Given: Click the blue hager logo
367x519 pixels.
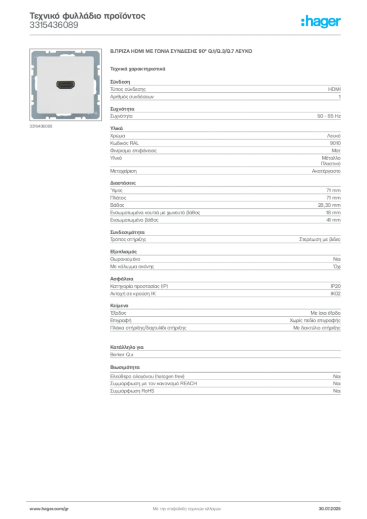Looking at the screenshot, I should coord(321,22).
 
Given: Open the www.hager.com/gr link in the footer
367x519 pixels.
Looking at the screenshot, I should coord(56,508).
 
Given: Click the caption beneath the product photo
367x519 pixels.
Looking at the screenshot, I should coord(41,126).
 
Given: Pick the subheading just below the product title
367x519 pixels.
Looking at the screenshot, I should coord(138,68).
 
